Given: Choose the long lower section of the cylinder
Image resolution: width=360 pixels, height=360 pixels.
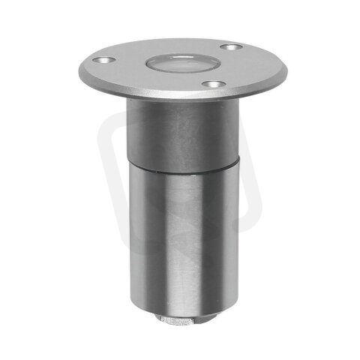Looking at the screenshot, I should point(180,240).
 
